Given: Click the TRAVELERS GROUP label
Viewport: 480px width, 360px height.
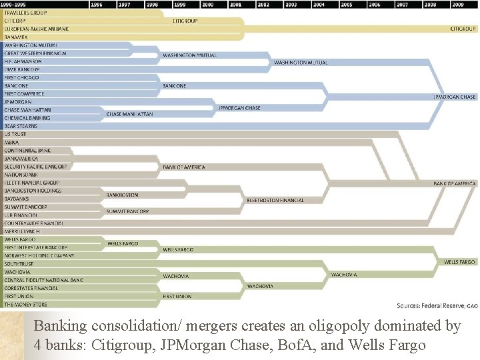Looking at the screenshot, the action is click(x=25, y=13).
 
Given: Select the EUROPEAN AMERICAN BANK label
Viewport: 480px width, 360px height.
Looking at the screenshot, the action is click(x=37, y=29).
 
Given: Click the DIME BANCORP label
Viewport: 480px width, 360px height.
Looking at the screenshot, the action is click(x=23, y=69).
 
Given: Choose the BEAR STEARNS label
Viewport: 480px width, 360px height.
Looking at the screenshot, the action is click(x=21, y=126).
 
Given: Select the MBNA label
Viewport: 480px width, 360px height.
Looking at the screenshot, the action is click(x=12, y=142).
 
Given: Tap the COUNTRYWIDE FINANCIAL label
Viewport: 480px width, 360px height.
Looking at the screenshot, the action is click(x=34, y=223).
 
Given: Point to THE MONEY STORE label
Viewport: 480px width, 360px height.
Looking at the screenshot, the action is click(x=26, y=304).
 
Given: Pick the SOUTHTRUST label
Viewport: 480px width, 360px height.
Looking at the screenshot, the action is click(x=19, y=264).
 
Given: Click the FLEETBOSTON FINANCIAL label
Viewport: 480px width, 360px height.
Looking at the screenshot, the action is click(x=275, y=200).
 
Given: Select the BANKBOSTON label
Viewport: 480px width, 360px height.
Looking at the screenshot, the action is click(x=122, y=195).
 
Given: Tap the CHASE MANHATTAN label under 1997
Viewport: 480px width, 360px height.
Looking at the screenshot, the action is click(x=129, y=114).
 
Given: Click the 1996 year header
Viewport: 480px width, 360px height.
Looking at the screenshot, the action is click(x=96, y=4).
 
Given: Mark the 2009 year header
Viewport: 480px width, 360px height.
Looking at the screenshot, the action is click(x=457, y=4).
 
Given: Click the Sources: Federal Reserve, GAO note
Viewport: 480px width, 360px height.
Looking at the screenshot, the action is click(x=437, y=305).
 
